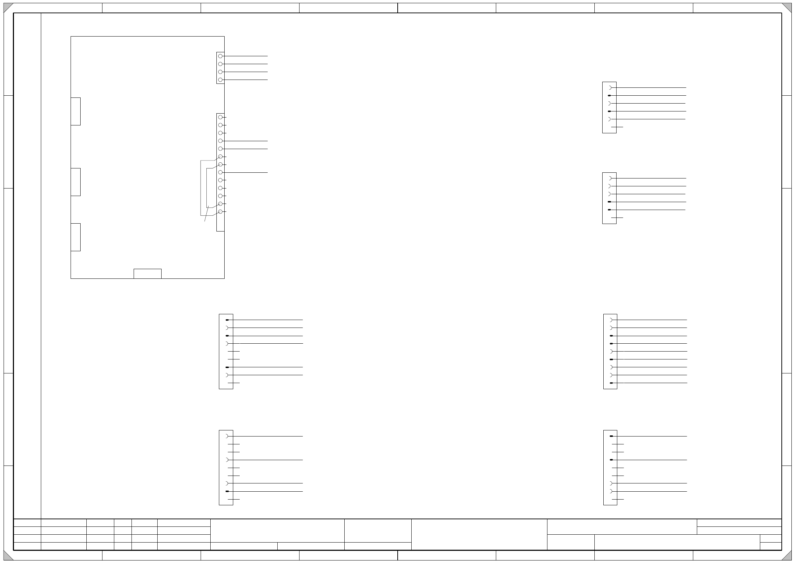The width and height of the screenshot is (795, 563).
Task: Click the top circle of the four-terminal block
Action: pyautogui.click(x=220, y=56)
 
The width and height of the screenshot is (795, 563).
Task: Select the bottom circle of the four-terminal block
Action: pyautogui.click(x=220, y=80)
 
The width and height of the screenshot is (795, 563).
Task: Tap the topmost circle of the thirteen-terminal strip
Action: pyautogui.click(x=220, y=117)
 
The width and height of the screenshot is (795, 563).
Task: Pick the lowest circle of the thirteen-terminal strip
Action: pyautogui.click(x=220, y=212)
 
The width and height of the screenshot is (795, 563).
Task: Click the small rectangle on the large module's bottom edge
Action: pyautogui.click(x=147, y=273)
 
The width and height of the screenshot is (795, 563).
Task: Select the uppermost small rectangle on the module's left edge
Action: pyautogui.click(x=76, y=111)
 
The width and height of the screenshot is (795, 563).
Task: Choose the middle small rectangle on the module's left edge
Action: pyautogui.click(x=76, y=182)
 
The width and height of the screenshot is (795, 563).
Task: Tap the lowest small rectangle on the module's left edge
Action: pyautogui.click(x=76, y=237)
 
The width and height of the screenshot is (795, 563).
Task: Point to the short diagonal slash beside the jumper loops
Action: pyautogui.click(x=206, y=214)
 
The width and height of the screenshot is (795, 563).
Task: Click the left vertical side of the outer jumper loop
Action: pyautogui.click(x=201, y=188)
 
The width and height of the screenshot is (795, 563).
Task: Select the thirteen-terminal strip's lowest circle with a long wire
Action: pyautogui.click(x=220, y=172)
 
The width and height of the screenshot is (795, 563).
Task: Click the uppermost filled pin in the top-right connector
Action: pyautogui.click(x=609, y=96)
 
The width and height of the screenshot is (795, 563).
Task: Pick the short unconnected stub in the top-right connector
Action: pyautogui.click(x=617, y=127)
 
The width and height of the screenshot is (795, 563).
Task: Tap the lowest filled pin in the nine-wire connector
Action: pyautogui.click(x=611, y=383)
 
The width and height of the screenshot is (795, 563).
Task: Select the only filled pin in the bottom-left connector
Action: pyautogui.click(x=227, y=491)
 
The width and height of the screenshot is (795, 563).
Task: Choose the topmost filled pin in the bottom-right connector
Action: pyautogui.click(x=611, y=436)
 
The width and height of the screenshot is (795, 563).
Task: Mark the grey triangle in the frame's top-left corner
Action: pyautogui.click(x=8, y=8)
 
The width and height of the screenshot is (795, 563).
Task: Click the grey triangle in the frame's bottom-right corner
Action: pyautogui.click(x=787, y=555)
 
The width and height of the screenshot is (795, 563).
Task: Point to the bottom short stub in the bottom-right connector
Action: pyautogui.click(x=618, y=499)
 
